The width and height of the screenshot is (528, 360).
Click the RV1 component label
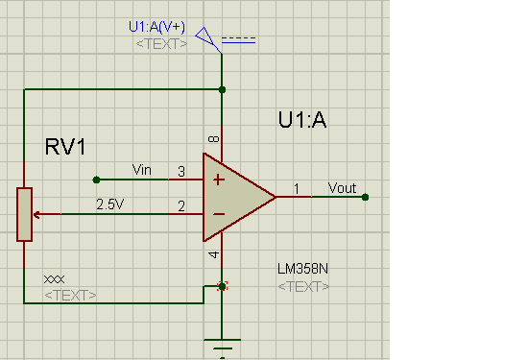(65, 147)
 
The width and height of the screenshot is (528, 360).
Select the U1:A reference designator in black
(302, 120)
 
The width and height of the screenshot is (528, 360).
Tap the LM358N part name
(302, 269)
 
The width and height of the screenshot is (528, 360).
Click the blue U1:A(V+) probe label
(156, 27)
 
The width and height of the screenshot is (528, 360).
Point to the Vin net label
(142, 170)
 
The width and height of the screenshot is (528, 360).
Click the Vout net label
(342, 188)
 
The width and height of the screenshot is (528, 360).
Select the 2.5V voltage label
(110, 204)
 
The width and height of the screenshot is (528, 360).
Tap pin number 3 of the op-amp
(181, 172)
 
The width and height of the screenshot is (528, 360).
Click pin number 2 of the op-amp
(181, 206)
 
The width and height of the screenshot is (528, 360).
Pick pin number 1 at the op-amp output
(297, 189)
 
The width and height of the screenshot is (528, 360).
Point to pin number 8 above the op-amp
(214, 139)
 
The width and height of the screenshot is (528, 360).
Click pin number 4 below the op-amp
(214, 255)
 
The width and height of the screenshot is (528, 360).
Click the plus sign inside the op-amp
(219, 180)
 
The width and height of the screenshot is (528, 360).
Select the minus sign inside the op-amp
(219, 214)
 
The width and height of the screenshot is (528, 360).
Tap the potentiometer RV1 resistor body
(25, 214)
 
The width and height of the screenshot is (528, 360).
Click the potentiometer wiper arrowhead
(36, 214)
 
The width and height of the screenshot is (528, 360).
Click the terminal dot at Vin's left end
(96, 180)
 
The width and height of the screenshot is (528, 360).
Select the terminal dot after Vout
(365, 197)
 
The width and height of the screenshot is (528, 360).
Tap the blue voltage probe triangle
(204, 36)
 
